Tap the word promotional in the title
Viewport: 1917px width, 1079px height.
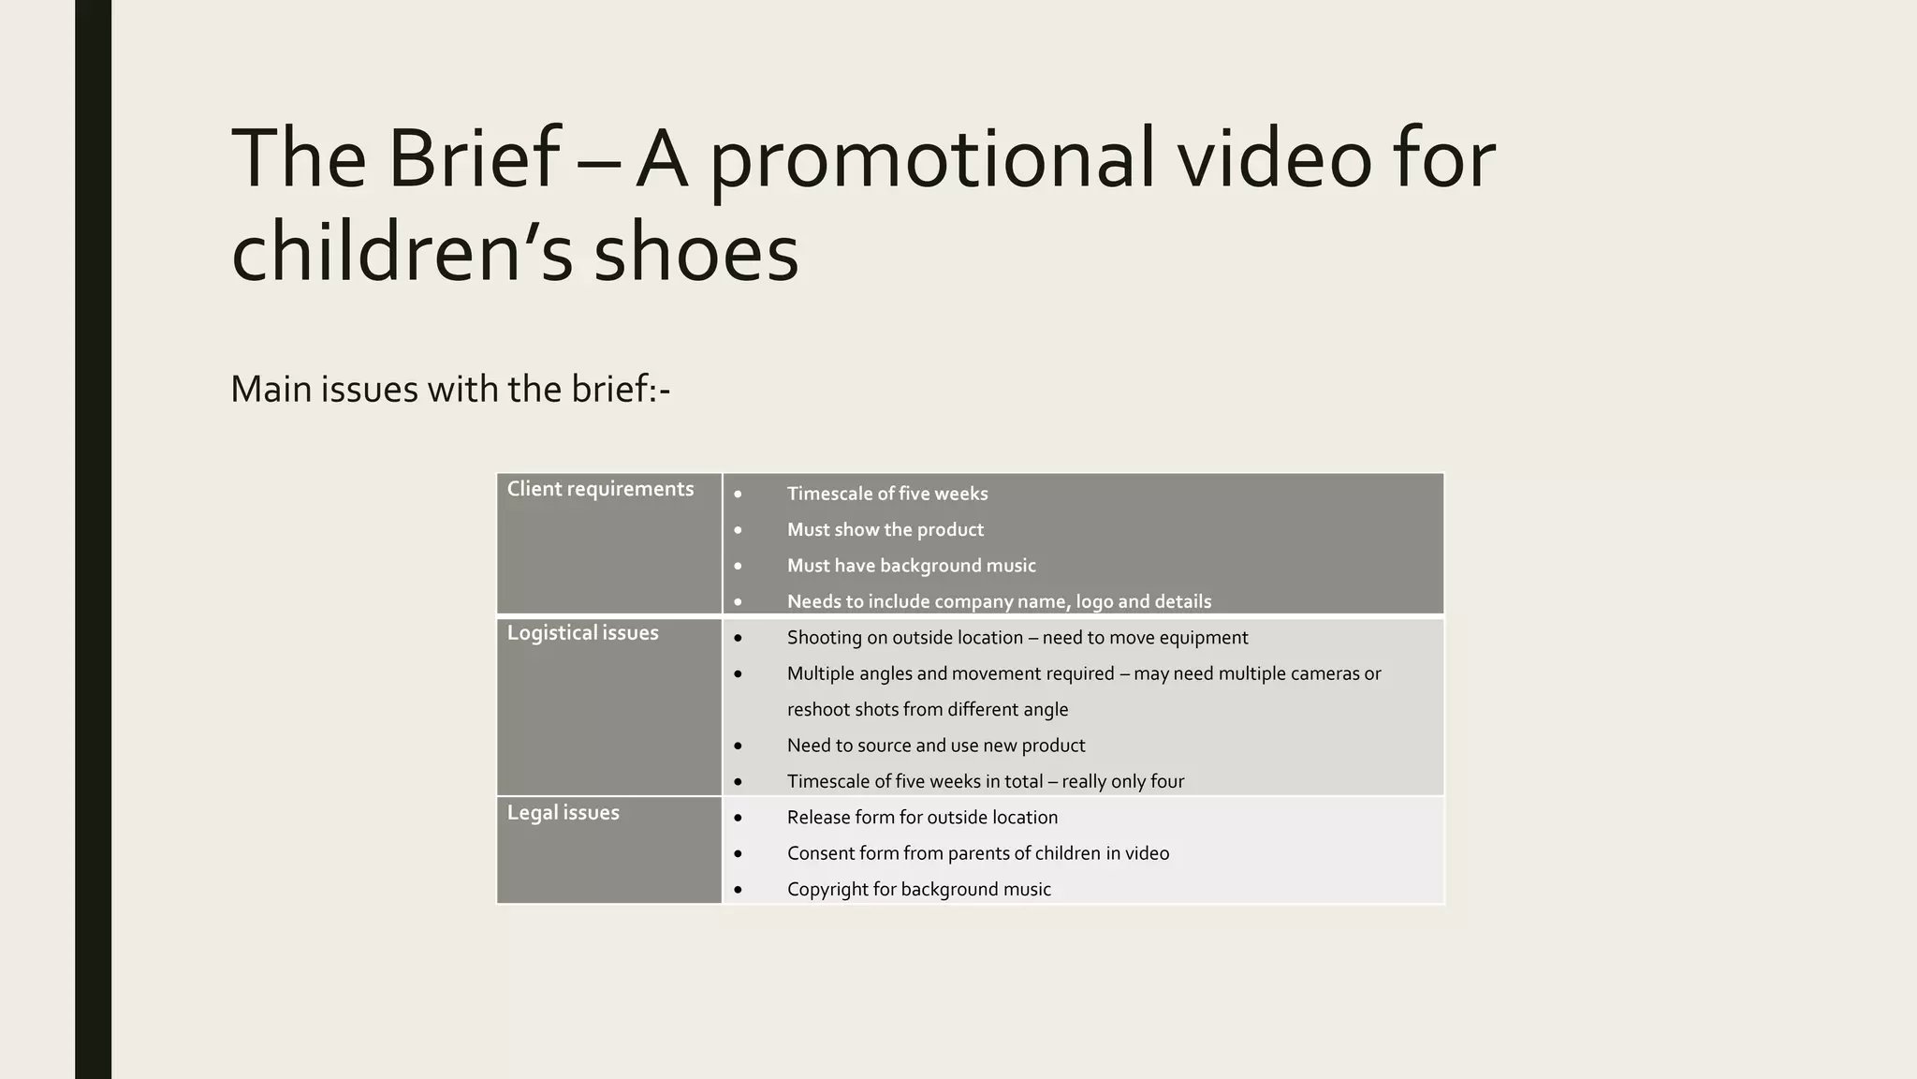point(931,159)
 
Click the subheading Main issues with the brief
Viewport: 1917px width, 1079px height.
point(450,389)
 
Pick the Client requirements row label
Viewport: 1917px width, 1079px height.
point(600,489)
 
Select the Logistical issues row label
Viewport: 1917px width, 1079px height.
point(582,633)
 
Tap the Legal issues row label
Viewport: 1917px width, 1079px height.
point(563,813)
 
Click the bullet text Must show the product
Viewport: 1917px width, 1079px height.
point(885,529)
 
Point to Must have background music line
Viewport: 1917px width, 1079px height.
point(911,566)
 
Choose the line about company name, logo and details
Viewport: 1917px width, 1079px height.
point(999,601)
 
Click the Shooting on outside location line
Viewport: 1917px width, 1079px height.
point(1017,638)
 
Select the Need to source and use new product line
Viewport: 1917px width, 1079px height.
point(935,746)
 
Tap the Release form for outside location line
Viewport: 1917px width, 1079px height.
point(922,818)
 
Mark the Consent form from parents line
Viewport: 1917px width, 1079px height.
point(977,853)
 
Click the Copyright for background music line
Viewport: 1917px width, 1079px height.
point(918,889)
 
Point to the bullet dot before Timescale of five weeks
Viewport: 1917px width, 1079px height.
point(738,495)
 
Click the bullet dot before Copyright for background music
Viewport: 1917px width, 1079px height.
point(738,890)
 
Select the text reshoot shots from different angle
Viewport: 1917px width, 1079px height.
point(927,710)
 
